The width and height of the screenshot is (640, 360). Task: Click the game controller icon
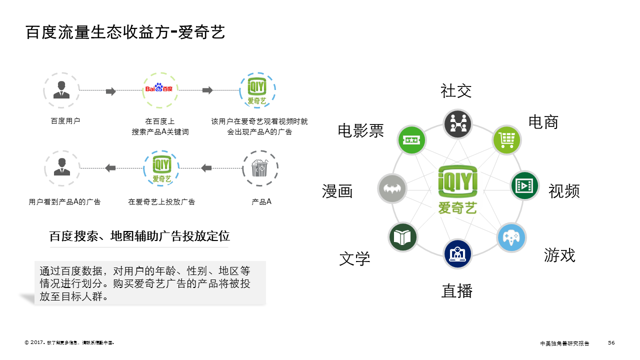pyautogui.click(x=511, y=237)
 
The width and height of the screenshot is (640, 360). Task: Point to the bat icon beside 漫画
pyautogui.click(x=392, y=188)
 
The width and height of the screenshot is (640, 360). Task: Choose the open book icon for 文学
pyautogui.click(x=402, y=237)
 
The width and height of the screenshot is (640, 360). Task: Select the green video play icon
pyautogui.click(x=524, y=186)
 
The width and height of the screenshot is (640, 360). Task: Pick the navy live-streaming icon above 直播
pyautogui.click(x=457, y=253)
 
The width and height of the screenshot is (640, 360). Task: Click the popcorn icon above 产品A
pyautogui.click(x=260, y=168)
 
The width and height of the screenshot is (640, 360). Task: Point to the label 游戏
pyautogui.click(x=559, y=255)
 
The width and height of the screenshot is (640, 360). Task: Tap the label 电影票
pyautogui.click(x=361, y=131)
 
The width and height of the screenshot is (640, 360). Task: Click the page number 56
pyautogui.click(x=611, y=342)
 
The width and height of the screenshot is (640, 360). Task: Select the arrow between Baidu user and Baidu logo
pyautogui.click(x=111, y=91)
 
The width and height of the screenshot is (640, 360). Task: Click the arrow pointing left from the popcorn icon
pyautogui.click(x=206, y=168)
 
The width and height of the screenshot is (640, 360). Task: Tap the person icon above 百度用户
pyautogui.click(x=61, y=89)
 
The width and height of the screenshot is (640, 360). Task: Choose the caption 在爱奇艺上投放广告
pyautogui.click(x=161, y=202)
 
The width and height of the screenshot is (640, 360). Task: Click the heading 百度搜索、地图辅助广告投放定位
pyautogui.click(x=139, y=236)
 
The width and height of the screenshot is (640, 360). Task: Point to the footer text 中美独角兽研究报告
pyautogui.click(x=564, y=343)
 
